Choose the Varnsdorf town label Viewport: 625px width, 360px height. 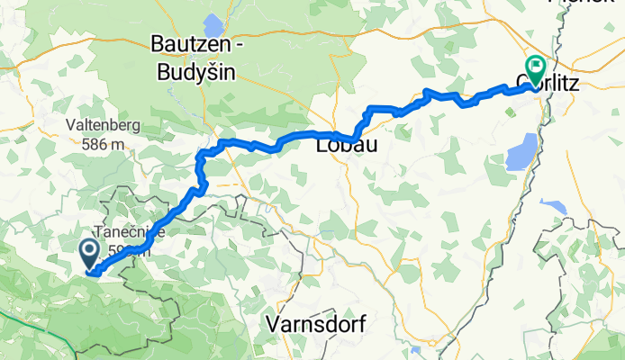(316, 324)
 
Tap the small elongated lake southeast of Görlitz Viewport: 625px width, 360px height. (556, 208)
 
